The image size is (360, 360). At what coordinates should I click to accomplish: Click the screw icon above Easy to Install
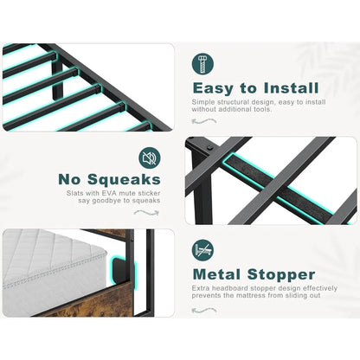pyautogui.click(x=202, y=64)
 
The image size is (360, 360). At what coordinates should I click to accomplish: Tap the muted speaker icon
pyautogui.click(x=150, y=157)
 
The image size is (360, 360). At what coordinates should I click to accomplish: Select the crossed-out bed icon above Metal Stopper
pyautogui.click(x=202, y=250)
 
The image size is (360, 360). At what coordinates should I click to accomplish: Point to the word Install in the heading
pyautogui.click(x=292, y=87)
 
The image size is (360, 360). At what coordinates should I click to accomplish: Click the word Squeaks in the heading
pyautogui.click(x=124, y=179)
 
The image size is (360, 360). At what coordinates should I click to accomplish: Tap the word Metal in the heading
pyautogui.click(x=216, y=274)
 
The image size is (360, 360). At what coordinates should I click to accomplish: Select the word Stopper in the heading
pyautogui.click(x=281, y=275)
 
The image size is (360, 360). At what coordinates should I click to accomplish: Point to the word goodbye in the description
pyautogui.click(x=106, y=201)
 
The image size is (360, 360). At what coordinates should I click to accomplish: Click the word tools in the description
pyautogui.click(x=261, y=109)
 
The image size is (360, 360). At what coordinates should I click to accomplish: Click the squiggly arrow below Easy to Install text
pyautogui.click(x=204, y=121)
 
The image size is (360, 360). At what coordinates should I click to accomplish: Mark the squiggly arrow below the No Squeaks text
pyautogui.click(x=146, y=213)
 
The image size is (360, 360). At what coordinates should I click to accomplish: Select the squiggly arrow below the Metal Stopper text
pyautogui.click(x=204, y=311)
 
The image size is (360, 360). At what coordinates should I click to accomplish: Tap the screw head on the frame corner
pyautogui.click(x=210, y=148)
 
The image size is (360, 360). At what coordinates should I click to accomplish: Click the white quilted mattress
pyautogui.click(x=54, y=268)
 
